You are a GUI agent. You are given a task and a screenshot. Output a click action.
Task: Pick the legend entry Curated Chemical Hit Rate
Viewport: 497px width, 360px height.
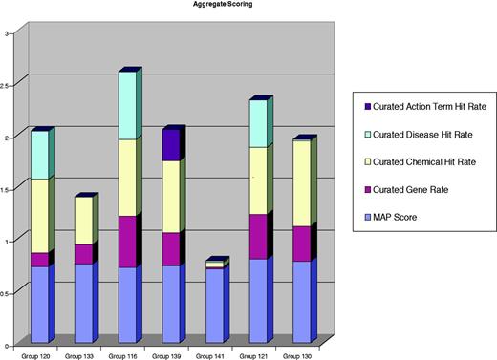click(x=421, y=163)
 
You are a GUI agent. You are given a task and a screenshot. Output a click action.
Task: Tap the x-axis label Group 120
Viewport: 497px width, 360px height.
click(x=39, y=354)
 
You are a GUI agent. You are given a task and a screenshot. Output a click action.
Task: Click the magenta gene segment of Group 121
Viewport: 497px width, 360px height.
click(x=257, y=237)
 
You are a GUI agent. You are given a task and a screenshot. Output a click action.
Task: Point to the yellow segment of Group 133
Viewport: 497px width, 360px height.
click(x=83, y=221)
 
